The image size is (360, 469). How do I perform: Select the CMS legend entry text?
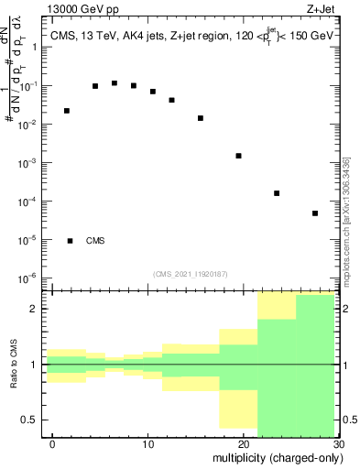pos(95,241)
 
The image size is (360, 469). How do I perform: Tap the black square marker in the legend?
pos(71,241)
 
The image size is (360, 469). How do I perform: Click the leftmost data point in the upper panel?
pos(67,111)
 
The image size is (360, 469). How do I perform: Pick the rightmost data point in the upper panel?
pos(314,213)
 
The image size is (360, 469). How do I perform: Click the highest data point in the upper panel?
pos(115,83)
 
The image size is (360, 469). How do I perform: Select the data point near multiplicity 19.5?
pos(238,156)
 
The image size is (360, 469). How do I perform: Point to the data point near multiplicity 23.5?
pos(277,193)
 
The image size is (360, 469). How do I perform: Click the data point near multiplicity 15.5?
pos(201,118)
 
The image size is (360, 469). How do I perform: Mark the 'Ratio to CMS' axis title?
pos(13,365)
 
